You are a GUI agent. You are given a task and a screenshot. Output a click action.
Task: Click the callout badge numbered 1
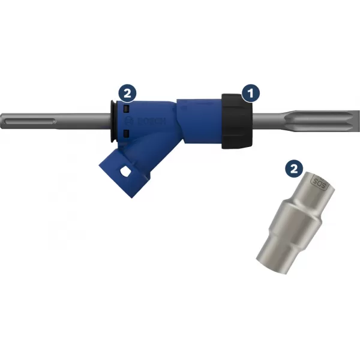[250, 92]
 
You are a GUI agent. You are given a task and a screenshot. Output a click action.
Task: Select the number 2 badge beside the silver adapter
[293, 169]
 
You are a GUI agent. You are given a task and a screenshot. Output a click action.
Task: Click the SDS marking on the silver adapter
[318, 181]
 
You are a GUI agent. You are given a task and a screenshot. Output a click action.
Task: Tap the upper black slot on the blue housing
[127, 110]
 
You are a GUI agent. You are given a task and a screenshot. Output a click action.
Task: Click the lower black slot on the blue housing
[127, 133]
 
